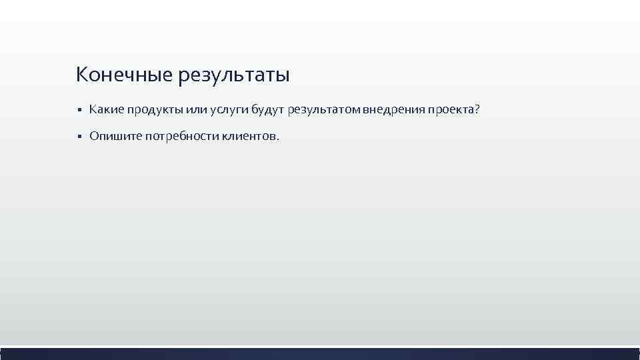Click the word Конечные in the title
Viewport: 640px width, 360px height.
pyautogui.click(x=124, y=74)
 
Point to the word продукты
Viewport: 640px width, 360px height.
pyautogui.click(x=154, y=109)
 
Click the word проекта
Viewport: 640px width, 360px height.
pyautogui.click(x=450, y=109)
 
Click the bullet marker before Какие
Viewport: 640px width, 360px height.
pyautogui.click(x=79, y=109)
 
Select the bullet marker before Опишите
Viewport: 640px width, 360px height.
pyautogui.click(x=79, y=137)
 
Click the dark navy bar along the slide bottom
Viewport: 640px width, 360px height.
pyautogui.click(x=320, y=353)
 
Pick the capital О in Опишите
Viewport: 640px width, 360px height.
pyautogui.click(x=95, y=136)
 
